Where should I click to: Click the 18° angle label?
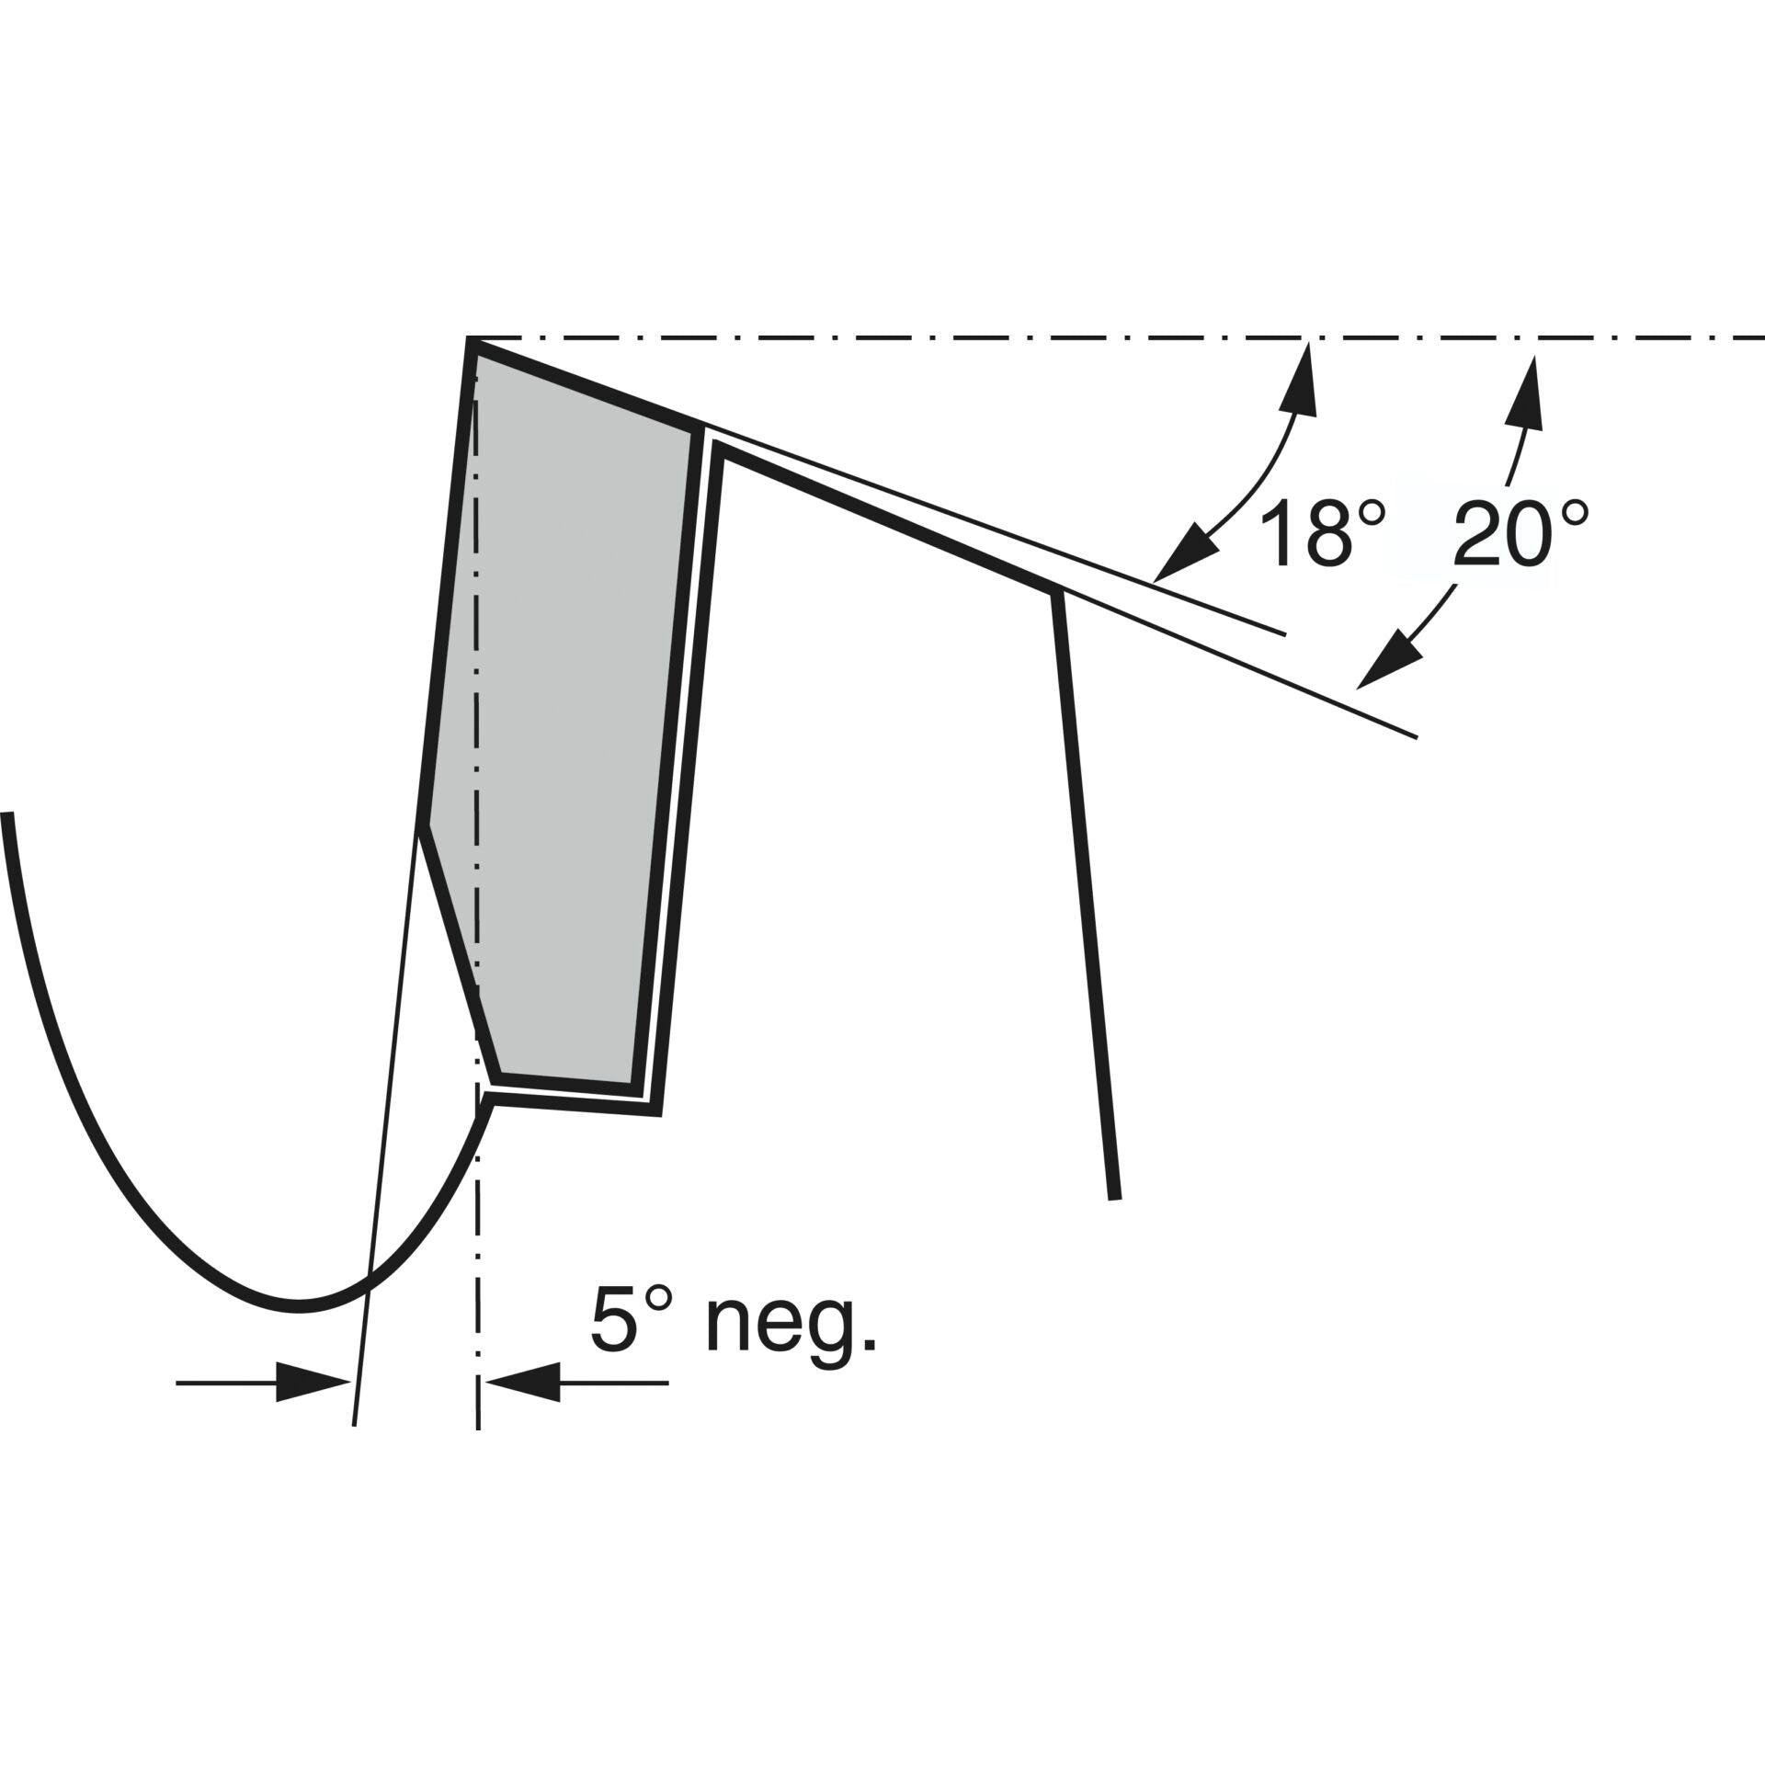[x=1322, y=533]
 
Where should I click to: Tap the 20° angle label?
[x=1521, y=533]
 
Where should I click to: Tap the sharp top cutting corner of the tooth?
[x=470, y=340]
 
